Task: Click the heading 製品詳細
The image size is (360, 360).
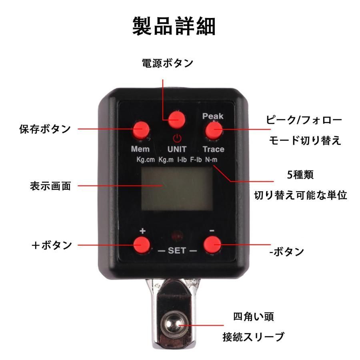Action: tap(174, 26)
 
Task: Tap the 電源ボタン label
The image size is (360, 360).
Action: tap(168, 63)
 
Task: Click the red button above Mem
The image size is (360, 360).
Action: tap(142, 130)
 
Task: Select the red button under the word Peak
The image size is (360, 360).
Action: tap(214, 130)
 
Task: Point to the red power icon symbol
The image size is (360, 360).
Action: tap(177, 138)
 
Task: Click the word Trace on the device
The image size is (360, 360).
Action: tap(214, 149)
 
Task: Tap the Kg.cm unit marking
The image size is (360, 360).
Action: tap(146, 159)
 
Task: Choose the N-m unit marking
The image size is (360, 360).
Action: tap(211, 159)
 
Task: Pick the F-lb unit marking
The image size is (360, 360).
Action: tap(196, 159)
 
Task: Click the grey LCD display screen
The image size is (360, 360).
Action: tap(177, 188)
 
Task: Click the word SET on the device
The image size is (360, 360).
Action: tap(177, 250)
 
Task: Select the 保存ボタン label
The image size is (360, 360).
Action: tap(45, 129)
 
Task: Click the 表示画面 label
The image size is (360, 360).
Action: tap(50, 186)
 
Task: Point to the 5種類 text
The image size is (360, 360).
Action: tap(300, 175)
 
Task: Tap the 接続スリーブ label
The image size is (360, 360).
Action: tap(254, 337)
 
